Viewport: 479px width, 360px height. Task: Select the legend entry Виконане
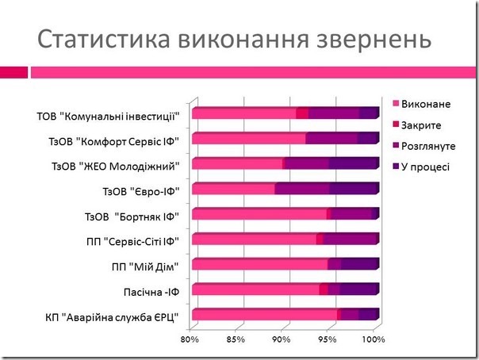[x=426, y=105]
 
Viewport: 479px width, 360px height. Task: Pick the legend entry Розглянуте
[x=428, y=146]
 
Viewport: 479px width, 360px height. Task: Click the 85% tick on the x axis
[x=235, y=340]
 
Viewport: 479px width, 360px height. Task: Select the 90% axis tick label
[x=281, y=340]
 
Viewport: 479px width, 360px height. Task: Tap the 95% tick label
[x=327, y=340]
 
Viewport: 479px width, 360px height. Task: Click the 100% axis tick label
[x=373, y=340]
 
